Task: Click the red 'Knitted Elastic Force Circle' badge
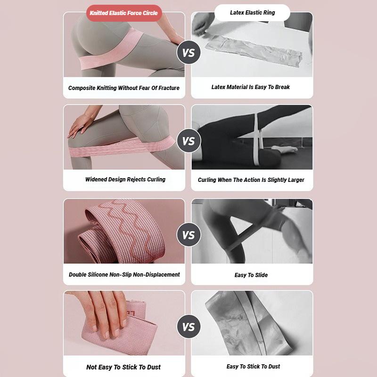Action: [124, 13]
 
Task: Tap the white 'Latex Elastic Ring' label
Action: [252, 13]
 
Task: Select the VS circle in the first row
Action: [188, 53]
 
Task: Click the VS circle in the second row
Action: [188, 141]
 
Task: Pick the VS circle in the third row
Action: [188, 235]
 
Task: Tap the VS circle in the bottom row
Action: [188, 327]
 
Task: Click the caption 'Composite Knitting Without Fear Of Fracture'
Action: [124, 88]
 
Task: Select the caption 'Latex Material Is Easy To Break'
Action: [251, 87]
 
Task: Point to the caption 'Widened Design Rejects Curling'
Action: [125, 180]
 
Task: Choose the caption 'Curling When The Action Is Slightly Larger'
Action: [251, 180]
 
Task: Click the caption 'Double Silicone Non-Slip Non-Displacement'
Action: [124, 275]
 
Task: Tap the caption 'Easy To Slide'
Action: [251, 275]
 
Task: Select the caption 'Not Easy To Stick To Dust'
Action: [123, 367]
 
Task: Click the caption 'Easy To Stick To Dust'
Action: [253, 367]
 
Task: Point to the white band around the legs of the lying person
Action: [257, 141]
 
